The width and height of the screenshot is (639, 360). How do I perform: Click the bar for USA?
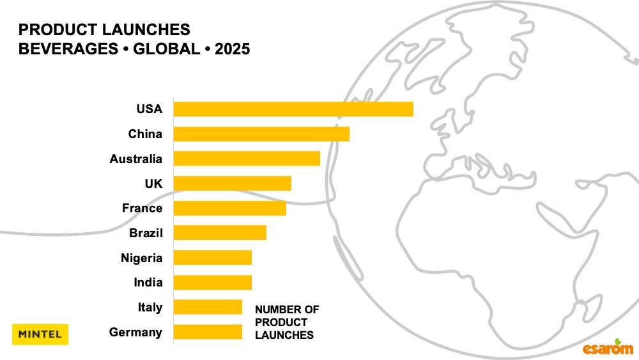(293, 109)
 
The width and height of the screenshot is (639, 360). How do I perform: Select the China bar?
(261, 134)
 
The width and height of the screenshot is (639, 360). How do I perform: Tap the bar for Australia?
(247, 159)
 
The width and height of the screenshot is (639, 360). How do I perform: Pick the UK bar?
(233, 184)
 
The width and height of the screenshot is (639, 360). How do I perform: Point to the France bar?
(230, 208)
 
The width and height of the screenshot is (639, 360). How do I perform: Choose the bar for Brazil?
(220, 233)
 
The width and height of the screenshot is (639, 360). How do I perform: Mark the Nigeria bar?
(213, 258)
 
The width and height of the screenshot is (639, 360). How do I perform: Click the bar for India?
(213, 282)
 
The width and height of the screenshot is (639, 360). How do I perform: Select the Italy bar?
(208, 307)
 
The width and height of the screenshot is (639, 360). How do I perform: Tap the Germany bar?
(208, 332)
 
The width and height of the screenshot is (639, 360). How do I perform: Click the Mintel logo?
(40, 334)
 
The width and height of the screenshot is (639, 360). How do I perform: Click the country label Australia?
(135, 159)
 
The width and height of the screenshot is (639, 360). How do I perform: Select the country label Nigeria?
(141, 258)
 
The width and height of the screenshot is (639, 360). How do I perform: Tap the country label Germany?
(135, 332)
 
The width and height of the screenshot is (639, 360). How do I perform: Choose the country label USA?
(150, 109)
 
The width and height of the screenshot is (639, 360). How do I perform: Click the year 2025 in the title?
(233, 49)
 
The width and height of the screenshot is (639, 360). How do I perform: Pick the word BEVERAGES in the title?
(62, 49)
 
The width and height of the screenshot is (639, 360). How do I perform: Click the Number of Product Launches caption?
(287, 322)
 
